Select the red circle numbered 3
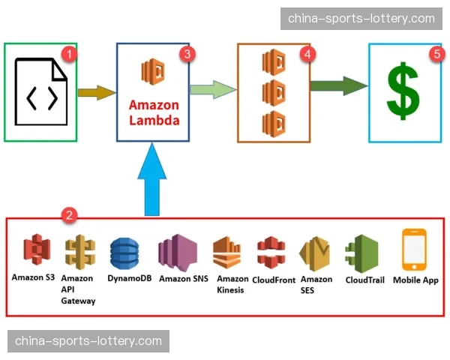click(187, 54)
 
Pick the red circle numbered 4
click(306, 54)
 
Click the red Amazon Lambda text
click(154, 112)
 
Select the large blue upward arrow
click(153, 176)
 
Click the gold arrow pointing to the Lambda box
click(97, 92)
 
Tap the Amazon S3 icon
click(34, 251)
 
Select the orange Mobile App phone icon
click(414, 250)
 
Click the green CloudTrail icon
click(365, 253)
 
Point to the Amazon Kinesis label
click(230, 284)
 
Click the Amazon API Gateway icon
click(77, 253)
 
